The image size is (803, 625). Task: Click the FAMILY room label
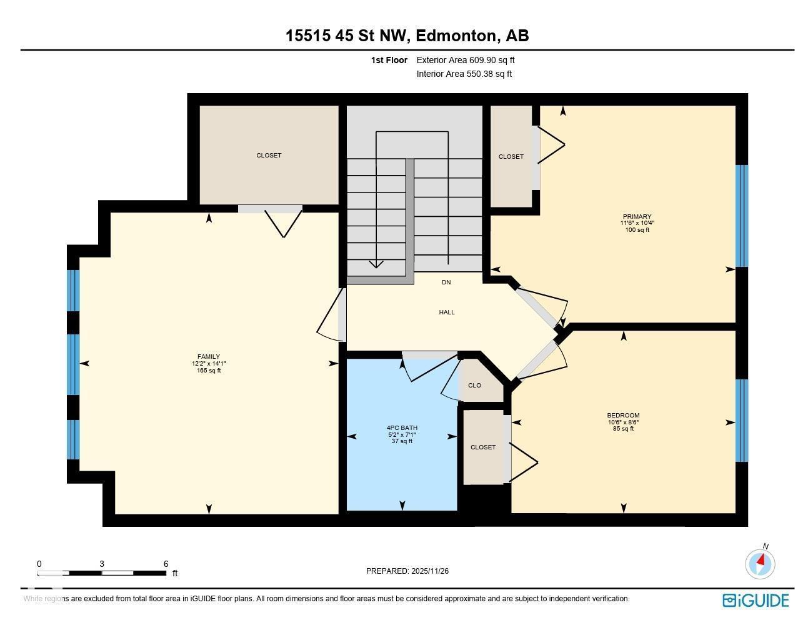(209, 357)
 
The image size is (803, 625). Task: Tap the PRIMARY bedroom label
(637, 217)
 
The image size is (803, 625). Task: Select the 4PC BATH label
(402, 428)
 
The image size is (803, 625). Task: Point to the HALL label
(446, 312)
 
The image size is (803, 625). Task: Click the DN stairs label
(446, 282)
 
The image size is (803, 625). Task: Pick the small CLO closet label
(474, 386)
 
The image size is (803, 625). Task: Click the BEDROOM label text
(623, 416)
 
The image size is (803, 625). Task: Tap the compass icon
(760, 563)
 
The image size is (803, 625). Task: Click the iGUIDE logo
(756, 601)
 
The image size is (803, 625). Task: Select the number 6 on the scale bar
(166, 564)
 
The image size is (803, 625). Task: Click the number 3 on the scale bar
(102, 564)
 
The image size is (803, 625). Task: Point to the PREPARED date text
(407, 571)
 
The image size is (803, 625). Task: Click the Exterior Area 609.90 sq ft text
(466, 60)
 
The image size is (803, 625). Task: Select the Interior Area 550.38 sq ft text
(464, 74)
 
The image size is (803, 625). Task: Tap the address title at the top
(407, 36)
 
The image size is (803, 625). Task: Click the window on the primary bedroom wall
(741, 216)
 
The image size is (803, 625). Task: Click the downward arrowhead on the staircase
(376, 264)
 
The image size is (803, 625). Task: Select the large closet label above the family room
(269, 156)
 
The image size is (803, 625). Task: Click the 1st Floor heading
(389, 60)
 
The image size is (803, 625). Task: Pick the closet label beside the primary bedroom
(511, 157)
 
